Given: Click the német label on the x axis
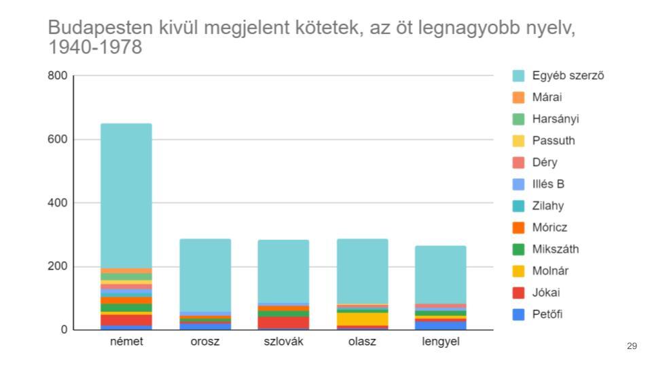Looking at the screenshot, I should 126,342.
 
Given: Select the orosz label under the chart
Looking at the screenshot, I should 205,342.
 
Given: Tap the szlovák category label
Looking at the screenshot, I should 284,342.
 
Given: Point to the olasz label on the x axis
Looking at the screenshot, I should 362,342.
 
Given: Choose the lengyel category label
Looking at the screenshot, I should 441,342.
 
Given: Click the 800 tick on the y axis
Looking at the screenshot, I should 58,76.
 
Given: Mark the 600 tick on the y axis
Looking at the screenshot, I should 58,140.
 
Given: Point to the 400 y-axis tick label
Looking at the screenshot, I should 58,203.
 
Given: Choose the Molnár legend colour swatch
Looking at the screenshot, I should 519,271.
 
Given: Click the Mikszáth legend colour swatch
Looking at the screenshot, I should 519,249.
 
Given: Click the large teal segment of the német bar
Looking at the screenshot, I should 126,197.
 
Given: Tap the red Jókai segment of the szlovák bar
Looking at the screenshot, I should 284,322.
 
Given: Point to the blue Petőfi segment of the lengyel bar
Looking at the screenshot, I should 441,325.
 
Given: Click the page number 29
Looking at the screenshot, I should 632,346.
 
